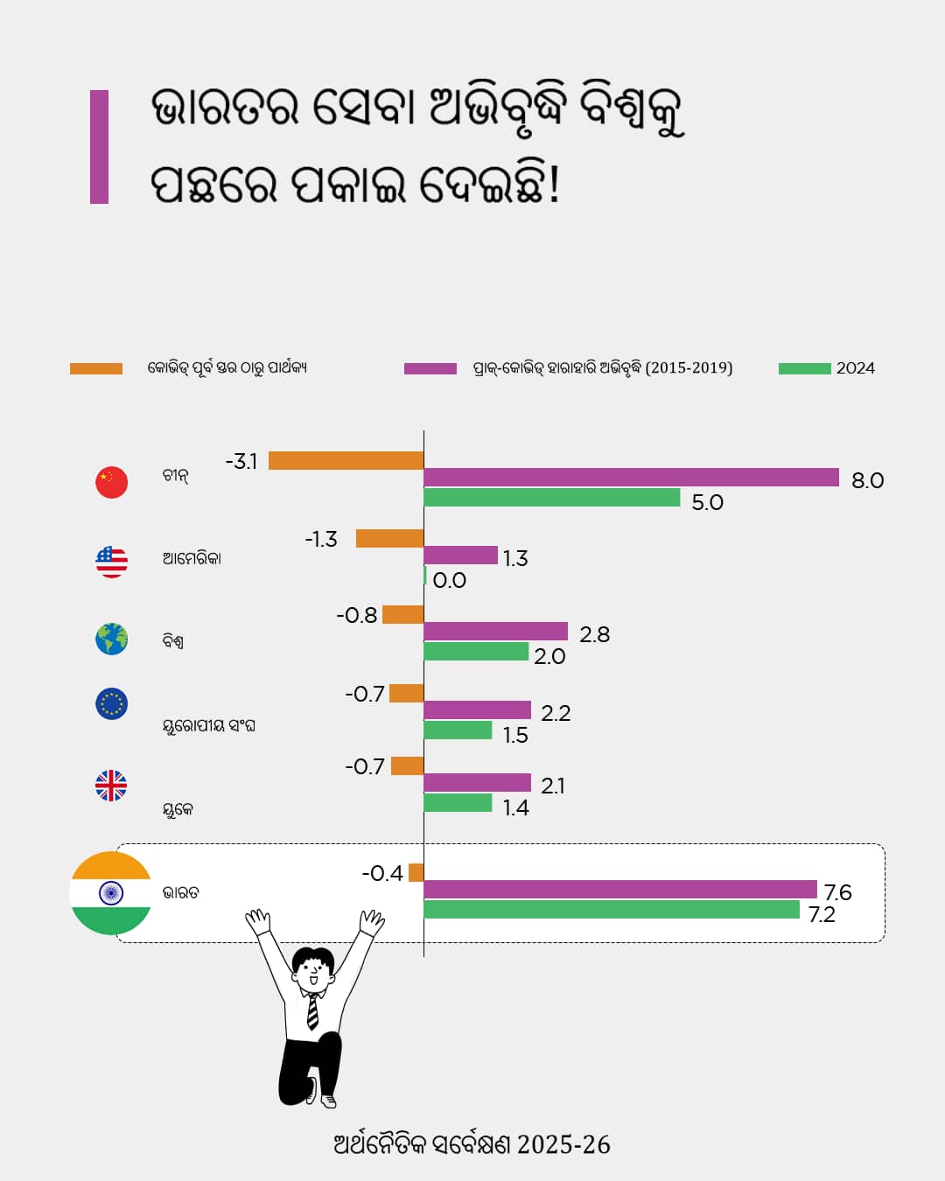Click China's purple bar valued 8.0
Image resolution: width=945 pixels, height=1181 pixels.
pos(631,477)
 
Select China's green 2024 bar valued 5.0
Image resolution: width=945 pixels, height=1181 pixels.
pos(551,498)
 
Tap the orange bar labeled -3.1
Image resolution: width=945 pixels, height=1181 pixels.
pos(346,460)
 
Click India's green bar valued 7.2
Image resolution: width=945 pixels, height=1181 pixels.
pos(611,910)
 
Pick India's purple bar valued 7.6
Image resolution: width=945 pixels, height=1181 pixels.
pos(619,890)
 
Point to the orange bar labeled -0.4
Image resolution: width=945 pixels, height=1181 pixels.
pos(416,872)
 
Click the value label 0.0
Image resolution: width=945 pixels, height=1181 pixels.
pos(449,580)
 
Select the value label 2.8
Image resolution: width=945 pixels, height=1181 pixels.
pos(594,634)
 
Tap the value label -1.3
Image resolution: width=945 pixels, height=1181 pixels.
pos(320,539)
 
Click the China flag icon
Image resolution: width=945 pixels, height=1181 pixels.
pos(111,482)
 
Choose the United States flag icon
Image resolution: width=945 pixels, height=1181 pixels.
pos(111,562)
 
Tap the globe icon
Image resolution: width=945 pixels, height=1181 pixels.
pos(111,639)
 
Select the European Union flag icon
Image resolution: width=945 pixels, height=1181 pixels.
pos(111,703)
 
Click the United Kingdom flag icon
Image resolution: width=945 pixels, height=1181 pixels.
pos(111,786)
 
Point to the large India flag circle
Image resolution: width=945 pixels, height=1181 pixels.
pos(111,893)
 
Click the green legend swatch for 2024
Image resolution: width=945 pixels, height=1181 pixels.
pos(804,368)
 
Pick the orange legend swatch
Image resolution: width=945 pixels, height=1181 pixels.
pos(96,368)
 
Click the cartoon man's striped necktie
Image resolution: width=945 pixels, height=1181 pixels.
pos(312,1012)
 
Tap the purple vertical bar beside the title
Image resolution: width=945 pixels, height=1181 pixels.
pos(99,147)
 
